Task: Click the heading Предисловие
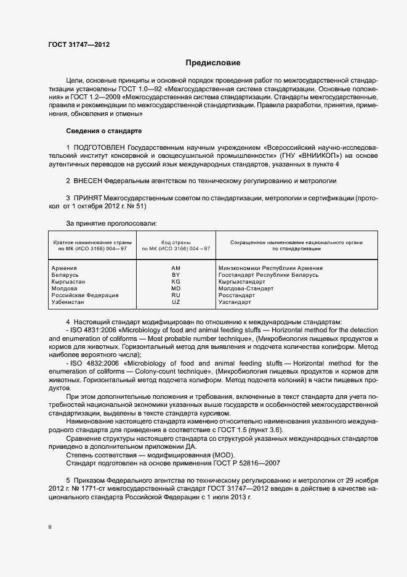click(x=213, y=63)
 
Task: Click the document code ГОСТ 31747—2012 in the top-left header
click(x=79, y=44)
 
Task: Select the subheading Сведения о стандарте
click(x=103, y=131)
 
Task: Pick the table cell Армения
click(x=64, y=268)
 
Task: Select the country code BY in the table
click(x=175, y=275)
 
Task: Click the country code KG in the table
click(x=175, y=282)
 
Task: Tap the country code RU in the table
click(x=175, y=295)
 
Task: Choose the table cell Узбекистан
click(x=70, y=302)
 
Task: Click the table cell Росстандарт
click(x=237, y=295)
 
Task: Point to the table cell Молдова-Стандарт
click(x=245, y=288)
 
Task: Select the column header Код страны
click(x=175, y=243)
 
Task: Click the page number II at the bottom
click(x=50, y=526)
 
